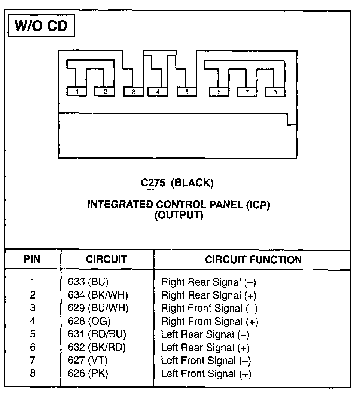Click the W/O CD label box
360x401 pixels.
[41, 26]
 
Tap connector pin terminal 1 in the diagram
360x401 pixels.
[77, 91]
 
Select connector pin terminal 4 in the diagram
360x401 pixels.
[158, 91]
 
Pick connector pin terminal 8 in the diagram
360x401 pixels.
[275, 92]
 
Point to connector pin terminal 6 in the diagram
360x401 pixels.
[219, 92]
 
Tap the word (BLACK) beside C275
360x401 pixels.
[192, 183]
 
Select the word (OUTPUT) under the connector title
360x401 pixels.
[179, 215]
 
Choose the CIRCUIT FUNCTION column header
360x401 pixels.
[253, 260]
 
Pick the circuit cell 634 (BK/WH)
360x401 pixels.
[98, 295]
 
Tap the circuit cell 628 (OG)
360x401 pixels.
[89, 321]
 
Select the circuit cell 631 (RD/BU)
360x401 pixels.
[97, 334]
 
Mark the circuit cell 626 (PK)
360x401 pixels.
[88, 373]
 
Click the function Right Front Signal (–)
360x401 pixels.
[209, 309]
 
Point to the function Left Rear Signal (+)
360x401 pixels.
[205, 348]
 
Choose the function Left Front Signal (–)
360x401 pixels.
[206, 361]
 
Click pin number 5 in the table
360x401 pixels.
[33, 334]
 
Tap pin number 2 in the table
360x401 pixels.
[33, 295]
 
